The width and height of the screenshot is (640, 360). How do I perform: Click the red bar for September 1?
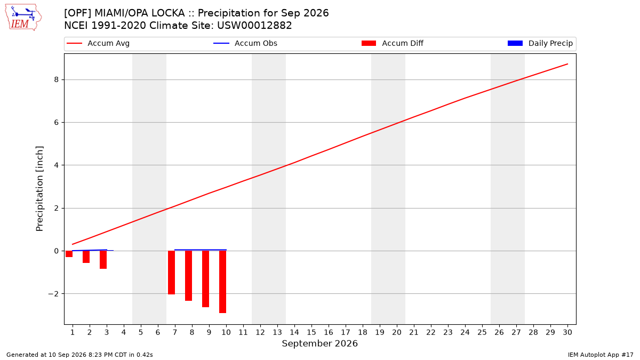tap(69, 254)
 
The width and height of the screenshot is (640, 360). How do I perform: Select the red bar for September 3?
tap(103, 260)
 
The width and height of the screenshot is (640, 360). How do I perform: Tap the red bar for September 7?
tap(171, 273)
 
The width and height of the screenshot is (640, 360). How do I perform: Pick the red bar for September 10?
tap(222, 282)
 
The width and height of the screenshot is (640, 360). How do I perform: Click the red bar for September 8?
tap(189, 276)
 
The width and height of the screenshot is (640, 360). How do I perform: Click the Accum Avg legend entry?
tap(98, 43)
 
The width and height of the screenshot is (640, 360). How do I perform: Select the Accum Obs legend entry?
tap(245, 43)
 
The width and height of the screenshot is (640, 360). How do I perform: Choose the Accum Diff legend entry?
tap(393, 43)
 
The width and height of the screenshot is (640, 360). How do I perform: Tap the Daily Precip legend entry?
tap(540, 43)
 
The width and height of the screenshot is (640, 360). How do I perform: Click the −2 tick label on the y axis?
tap(53, 294)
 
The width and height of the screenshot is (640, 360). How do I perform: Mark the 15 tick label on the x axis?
tap(311, 332)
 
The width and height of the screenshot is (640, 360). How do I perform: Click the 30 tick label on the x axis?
tap(567, 332)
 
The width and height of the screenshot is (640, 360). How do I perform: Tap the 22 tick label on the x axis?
tap(431, 332)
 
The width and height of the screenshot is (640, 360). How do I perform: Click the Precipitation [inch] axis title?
tap(39, 189)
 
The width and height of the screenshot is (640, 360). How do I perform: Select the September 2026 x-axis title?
tap(319, 343)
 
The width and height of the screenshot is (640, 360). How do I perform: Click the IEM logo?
tap(23, 18)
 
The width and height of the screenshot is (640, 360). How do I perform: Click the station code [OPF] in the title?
tap(77, 13)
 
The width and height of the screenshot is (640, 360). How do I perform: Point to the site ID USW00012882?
tap(254, 26)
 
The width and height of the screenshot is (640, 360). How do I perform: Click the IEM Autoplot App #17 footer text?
tap(601, 355)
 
